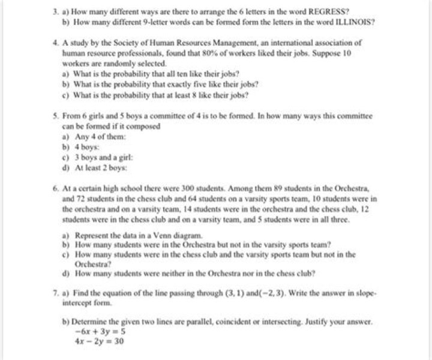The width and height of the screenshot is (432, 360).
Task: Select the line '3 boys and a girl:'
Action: click(101, 157)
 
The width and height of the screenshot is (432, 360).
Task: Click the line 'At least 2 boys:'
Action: click(98, 167)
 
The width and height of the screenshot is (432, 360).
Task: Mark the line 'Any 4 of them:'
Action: click(97, 136)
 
